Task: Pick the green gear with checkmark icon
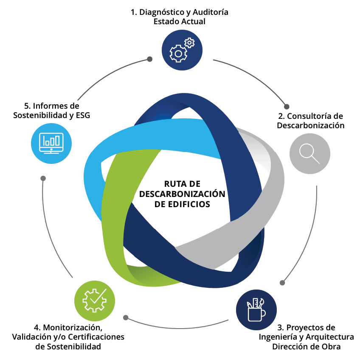point(94,300)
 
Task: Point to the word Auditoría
point(210,12)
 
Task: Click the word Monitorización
point(73,328)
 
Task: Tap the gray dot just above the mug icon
point(282,282)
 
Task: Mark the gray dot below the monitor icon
point(42,178)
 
